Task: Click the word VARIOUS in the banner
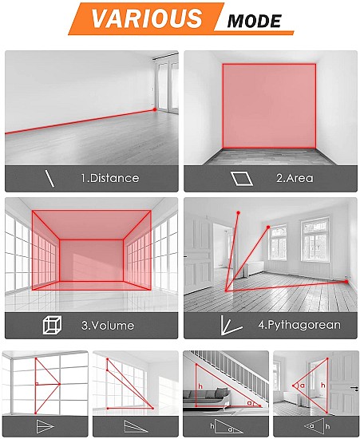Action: [147, 18]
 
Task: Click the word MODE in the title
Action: [254, 22]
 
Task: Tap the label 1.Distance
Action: [110, 178]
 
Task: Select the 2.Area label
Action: [295, 178]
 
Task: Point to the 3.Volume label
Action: [108, 326]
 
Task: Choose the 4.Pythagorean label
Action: [299, 325]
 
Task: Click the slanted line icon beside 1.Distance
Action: [49, 179]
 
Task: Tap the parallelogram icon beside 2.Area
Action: [242, 179]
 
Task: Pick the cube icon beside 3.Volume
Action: [53, 325]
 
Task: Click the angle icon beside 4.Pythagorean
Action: [230, 326]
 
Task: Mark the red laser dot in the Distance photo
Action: [155, 109]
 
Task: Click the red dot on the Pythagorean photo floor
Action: [346, 282]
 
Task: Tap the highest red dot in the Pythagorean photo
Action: [238, 213]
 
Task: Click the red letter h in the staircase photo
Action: [200, 386]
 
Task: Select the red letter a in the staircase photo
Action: [249, 402]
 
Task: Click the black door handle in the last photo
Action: [354, 388]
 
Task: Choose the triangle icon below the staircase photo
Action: [227, 426]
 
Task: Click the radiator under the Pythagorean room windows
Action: [255, 267]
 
